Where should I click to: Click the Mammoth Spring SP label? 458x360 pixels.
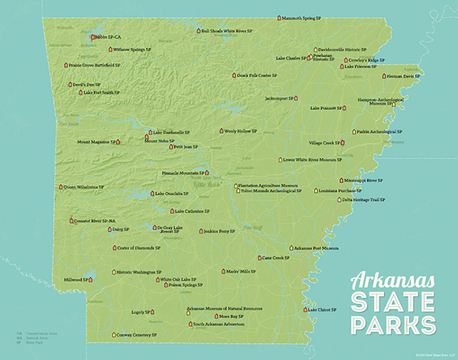click(301, 18)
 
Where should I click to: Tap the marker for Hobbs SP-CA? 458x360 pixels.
click(93, 37)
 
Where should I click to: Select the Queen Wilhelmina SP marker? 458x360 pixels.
click(61, 187)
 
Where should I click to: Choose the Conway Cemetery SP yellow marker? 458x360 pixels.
click(114, 335)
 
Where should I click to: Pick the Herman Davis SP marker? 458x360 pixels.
click(384, 76)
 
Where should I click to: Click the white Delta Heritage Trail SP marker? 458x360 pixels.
click(339, 200)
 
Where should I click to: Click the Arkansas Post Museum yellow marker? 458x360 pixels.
click(291, 248)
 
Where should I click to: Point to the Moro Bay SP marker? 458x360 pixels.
click(217, 316)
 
